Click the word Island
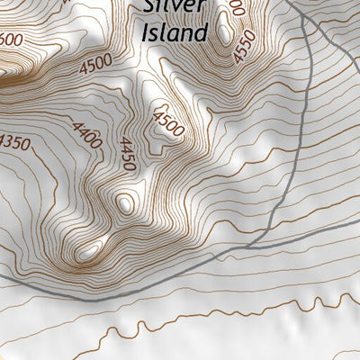[175, 33]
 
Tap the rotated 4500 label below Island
[168, 123]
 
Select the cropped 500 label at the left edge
[11, 40]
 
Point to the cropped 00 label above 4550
[236, 8]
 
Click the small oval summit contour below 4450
[125, 203]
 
